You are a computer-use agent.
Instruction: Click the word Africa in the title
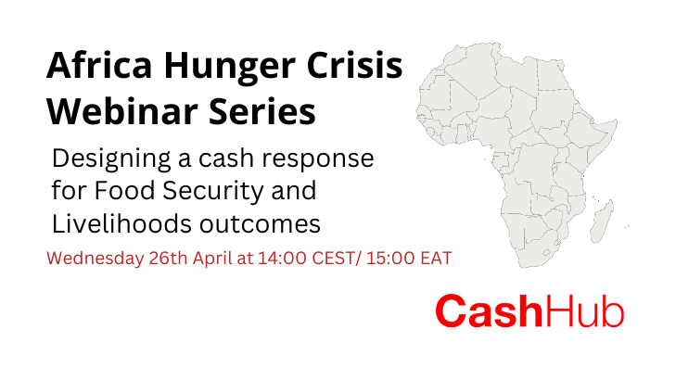99,66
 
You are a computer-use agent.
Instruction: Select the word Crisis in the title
354,66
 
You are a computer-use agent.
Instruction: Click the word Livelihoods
121,223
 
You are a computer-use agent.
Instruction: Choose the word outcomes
260,225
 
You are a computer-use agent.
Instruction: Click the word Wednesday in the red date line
95,260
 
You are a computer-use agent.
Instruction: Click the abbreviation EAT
436,259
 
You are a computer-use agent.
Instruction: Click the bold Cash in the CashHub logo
489,311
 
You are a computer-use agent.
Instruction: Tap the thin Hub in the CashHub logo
585,311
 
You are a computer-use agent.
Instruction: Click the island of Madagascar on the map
602,222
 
